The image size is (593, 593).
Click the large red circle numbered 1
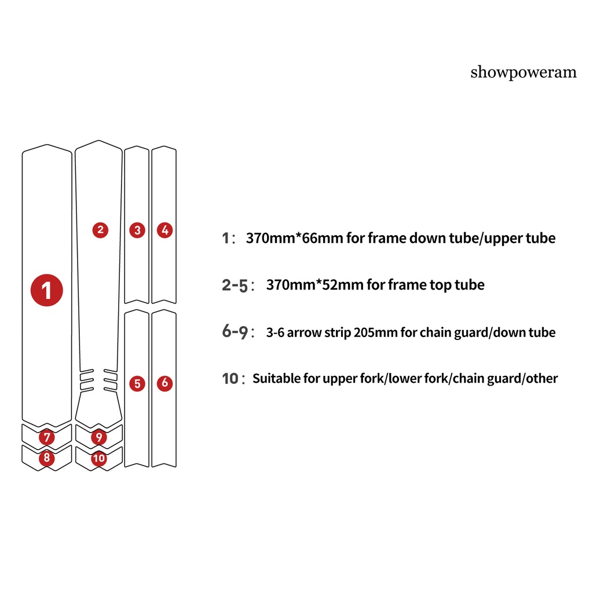point(46,289)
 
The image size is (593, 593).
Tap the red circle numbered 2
point(100,230)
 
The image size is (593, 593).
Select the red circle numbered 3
point(137,230)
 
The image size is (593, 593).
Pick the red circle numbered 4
point(165,230)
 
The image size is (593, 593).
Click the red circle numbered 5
point(137,383)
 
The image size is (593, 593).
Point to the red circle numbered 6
point(165,383)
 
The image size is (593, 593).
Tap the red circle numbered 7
point(46,437)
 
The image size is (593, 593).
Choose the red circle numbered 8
point(46,458)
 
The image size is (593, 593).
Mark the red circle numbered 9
point(99,437)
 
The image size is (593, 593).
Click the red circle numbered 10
point(99,458)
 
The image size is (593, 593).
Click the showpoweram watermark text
point(524,72)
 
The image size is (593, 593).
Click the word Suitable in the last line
point(276,379)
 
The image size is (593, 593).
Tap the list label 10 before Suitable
point(230,379)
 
